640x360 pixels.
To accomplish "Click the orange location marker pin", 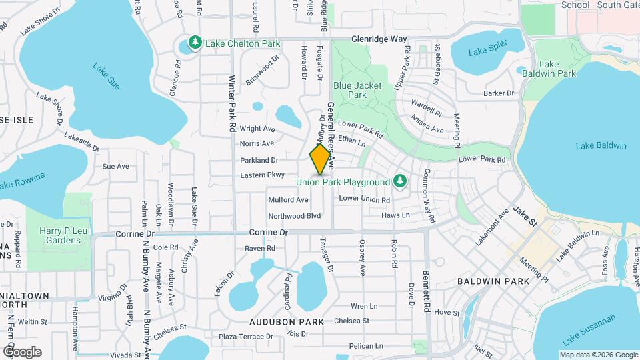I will point(321,159).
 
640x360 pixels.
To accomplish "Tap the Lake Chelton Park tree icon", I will point(195,43).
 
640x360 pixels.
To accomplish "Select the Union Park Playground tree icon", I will point(399,181).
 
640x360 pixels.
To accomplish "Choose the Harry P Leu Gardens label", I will point(59,235).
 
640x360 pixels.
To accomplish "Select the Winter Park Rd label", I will point(233,103).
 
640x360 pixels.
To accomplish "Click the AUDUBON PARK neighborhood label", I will point(287,321).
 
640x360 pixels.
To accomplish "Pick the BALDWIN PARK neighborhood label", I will point(493,281).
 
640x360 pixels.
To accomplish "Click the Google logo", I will point(22,351).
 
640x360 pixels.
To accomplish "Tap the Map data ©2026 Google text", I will point(598,355).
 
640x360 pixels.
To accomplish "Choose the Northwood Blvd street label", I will point(295,216).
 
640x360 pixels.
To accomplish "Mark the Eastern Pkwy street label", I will point(263,176).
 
